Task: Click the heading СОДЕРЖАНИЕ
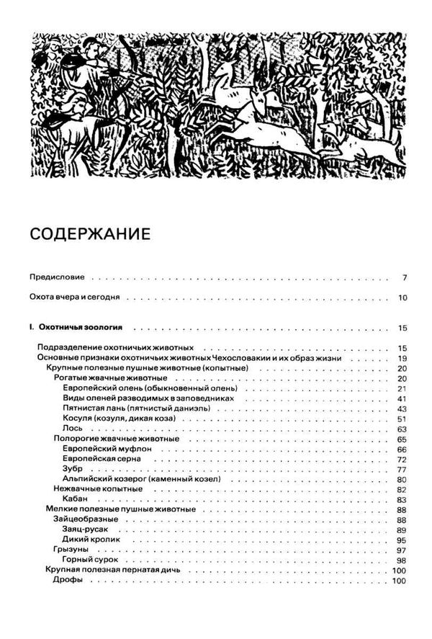pyautogui.click(x=89, y=236)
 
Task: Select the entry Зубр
pyautogui.click(x=73, y=468)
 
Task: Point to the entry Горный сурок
pyautogui.click(x=90, y=560)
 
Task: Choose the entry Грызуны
pyautogui.click(x=71, y=550)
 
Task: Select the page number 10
pyautogui.click(x=402, y=298)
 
